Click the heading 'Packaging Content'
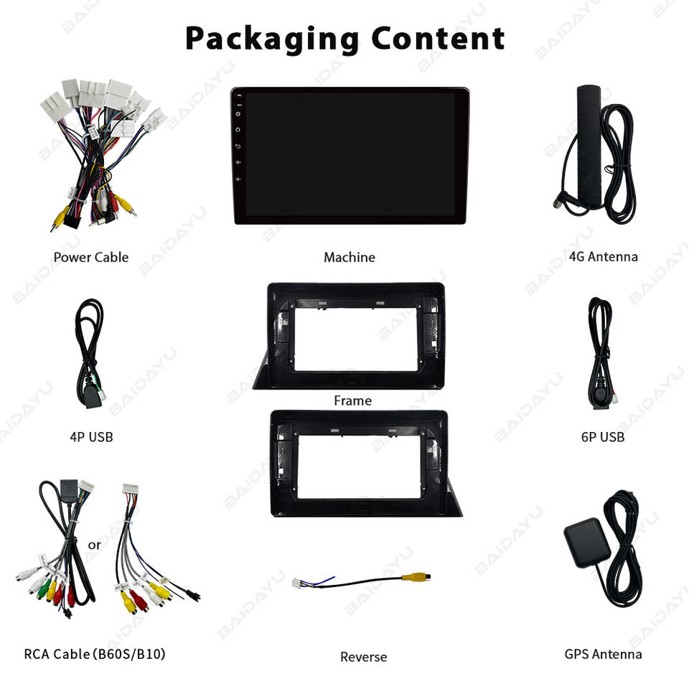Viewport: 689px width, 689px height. point(344,39)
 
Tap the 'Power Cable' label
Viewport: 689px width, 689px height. point(91,257)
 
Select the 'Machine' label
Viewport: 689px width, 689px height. point(349,257)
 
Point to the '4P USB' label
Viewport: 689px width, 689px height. point(91,436)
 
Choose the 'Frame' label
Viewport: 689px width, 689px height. point(352,400)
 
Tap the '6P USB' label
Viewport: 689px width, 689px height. point(603,436)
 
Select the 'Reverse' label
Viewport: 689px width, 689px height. point(363,657)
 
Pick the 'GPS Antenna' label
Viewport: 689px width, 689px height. point(603,654)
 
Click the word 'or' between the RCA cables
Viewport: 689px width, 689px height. point(94,545)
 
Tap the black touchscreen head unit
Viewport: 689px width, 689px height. point(350,156)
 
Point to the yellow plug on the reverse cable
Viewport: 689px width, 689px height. point(417,575)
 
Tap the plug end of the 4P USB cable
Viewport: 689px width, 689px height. point(93,398)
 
